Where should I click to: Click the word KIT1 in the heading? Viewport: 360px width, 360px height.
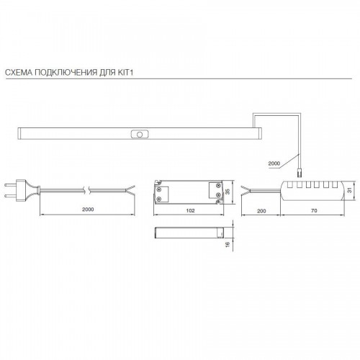(x=125, y=72)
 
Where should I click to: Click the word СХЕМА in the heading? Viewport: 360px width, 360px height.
(x=19, y=72)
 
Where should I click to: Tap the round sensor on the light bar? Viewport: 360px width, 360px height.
(x=140, y=135)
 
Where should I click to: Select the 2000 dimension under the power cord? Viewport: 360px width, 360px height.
(x=88, y=210)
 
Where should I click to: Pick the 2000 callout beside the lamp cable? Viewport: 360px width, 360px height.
(x=274, y=163)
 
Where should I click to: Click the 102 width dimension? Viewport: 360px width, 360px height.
(x=190, y=210)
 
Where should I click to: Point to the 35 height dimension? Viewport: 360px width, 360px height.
(x=228, y=192)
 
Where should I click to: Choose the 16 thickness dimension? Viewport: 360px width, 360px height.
(x=228, y=244)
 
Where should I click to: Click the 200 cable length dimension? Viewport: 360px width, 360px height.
(x=261, y=211)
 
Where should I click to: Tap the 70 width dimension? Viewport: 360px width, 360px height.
(x=314, y=210)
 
